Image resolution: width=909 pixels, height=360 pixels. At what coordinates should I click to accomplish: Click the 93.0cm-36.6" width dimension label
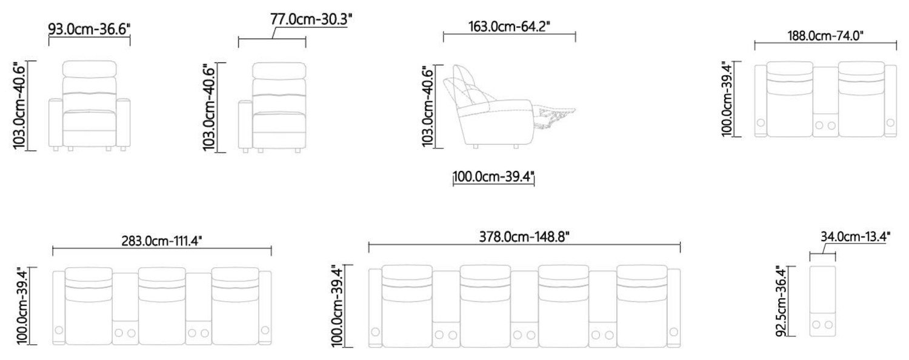click(x=89, y=29)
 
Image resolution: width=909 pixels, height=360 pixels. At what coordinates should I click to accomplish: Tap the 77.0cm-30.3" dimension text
click(x=311, y=19)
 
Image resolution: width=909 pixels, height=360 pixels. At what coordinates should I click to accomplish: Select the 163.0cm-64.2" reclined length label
click(x=509, y=27)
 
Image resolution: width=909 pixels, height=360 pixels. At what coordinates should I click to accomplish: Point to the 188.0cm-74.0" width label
click(x=825, y=36)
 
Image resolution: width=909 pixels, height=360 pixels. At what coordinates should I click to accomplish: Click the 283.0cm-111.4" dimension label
click(x=162, y=241)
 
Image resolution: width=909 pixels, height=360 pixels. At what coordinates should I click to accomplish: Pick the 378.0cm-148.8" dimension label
click(x=524, y=236)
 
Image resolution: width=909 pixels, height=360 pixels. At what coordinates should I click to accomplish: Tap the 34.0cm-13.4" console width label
click(x=856, y=236)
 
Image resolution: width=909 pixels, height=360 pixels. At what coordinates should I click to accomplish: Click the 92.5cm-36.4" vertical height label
click(x=781, y=301)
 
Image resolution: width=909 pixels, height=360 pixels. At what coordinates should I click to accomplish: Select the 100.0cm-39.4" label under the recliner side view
click(x=493, y=177)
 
